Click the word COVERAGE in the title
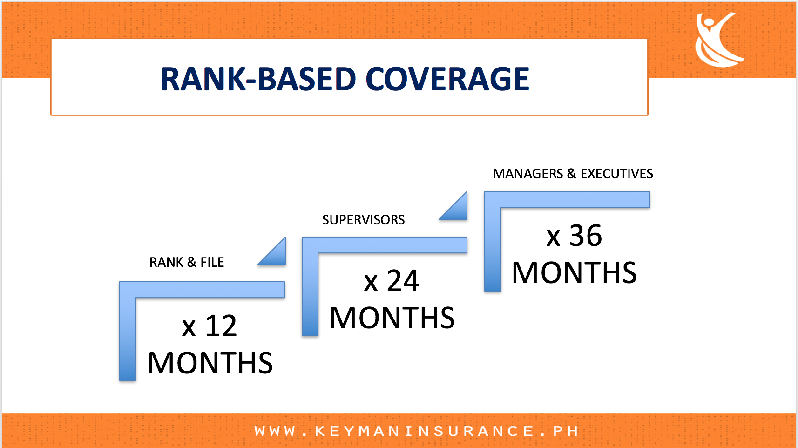[447, 79]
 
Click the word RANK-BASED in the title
[258, 79]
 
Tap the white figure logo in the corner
[719, 40]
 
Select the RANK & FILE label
[187, 262]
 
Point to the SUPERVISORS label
[363, 220]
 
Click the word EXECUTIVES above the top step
[617, 174]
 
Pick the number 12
[221, 326]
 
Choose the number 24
[403, 281]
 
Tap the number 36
[586, 236]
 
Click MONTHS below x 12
[210, 363]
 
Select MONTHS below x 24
[392, 318]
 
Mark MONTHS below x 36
[574, 272]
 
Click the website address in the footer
[416, 431]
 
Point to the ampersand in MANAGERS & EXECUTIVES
[572, 174]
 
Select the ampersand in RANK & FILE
[192, 262]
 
